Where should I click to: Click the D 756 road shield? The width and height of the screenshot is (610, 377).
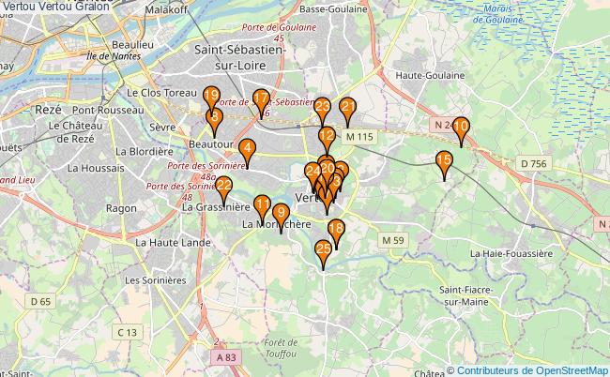tap(533, 164)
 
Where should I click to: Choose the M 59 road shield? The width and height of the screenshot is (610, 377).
tap(392, 241)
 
